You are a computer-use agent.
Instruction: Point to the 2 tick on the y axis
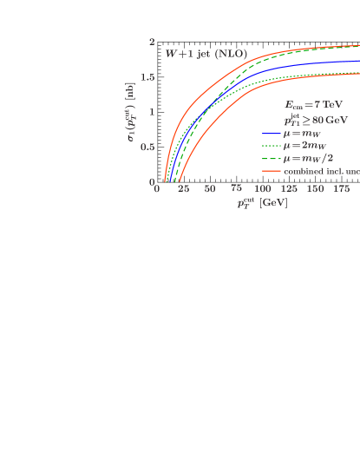point(153,42)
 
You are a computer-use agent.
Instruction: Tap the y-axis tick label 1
point(153,112)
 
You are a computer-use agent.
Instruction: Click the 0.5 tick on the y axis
point(150,148)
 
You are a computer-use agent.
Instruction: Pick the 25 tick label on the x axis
point(183,189)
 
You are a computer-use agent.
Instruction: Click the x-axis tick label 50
point(210,189)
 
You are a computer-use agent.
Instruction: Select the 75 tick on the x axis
point(236,189)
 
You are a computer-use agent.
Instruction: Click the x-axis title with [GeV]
point(261,203)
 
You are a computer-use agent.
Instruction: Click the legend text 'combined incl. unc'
point(321,171)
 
